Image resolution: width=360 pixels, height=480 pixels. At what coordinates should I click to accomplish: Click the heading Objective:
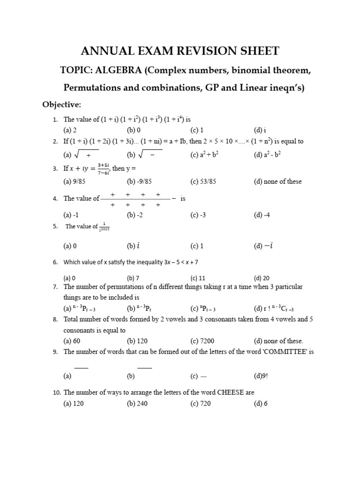click(62, 104)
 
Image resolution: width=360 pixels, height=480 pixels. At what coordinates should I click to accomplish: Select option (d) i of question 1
click(260, 130)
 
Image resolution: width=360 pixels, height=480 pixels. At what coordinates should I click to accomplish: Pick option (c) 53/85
click(202, 181)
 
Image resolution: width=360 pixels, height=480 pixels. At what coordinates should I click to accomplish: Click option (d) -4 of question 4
click(262, 215)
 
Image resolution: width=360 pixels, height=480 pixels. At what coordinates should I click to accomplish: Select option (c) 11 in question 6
click(198, 278)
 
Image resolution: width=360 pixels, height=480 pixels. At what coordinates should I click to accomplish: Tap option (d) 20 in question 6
click(261, 278)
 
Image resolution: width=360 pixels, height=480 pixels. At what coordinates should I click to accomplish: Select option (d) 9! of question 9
click(261, 375)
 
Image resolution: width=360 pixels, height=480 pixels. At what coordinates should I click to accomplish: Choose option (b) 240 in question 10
click(137, 404)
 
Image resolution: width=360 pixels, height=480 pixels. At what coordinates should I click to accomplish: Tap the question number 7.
click(55, 287)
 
